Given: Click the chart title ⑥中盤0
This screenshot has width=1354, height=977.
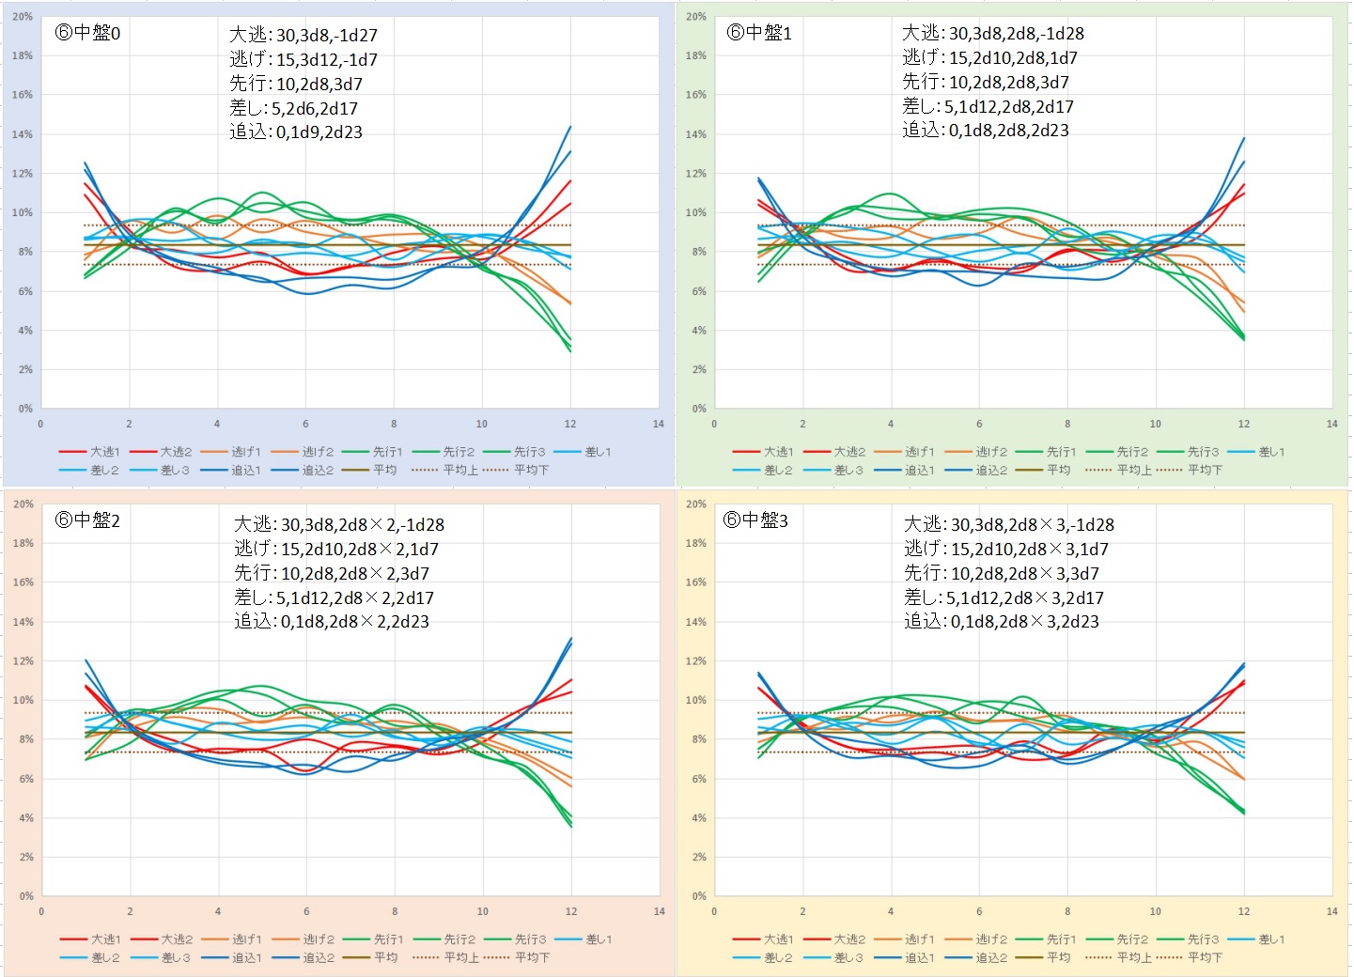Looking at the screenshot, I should point(87,33).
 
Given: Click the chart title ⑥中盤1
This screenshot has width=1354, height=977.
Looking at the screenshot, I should point(759,33).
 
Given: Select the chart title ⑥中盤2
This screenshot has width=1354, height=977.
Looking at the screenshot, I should point(87,520).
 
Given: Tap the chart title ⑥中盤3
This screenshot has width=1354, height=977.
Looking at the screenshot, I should point(755,520).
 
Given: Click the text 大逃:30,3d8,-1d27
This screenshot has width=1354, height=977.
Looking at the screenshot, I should point(303,35).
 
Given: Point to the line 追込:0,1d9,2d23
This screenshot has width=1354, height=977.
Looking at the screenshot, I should point(296,132).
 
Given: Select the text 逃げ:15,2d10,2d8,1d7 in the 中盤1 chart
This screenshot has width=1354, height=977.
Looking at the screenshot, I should point(989,58).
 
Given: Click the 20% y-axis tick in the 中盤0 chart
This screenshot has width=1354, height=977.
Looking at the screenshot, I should point(23,17).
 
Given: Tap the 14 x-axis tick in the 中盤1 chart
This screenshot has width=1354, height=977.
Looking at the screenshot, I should point(1331,425).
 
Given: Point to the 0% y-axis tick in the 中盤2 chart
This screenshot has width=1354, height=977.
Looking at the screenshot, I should point(25,896).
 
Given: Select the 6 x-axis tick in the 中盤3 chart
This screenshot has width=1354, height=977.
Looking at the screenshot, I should point(979,912).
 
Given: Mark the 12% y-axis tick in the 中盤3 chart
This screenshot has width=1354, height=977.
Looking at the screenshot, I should point(695,661).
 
